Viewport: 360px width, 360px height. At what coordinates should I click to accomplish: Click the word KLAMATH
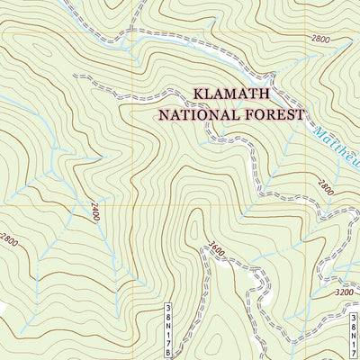coord(232,94)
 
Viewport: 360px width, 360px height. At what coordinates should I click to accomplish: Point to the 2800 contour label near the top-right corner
coord(321,39)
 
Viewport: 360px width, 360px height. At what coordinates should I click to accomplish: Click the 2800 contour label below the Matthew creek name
coord(326,188)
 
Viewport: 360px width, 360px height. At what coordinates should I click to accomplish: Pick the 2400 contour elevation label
coord(93,212)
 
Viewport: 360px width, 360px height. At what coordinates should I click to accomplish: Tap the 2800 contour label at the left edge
coord(8,240)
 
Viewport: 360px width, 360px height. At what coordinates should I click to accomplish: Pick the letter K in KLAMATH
coord(199,94)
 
